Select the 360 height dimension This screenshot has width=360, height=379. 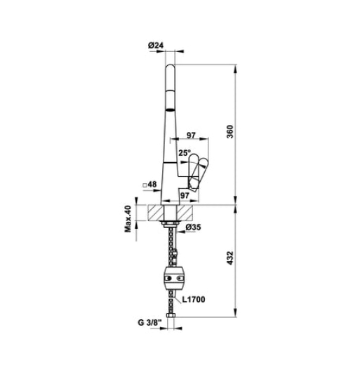coord(240,134)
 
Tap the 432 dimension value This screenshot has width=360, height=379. coord(240,260)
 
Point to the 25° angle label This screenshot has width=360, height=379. coord(184,152)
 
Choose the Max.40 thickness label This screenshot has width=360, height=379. coord(129,219)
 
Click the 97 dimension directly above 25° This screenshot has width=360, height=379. coord(191,135)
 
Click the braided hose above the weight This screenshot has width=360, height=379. coord(172,246)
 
